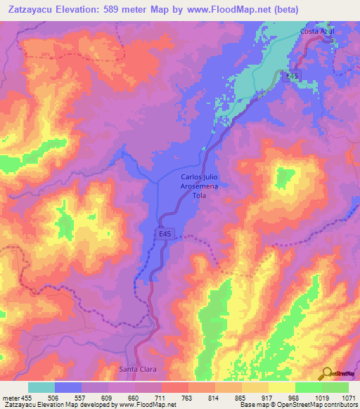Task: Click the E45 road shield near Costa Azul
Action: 292,76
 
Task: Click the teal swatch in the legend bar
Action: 41,387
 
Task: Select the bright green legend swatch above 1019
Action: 308,387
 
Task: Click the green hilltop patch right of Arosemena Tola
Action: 284,176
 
